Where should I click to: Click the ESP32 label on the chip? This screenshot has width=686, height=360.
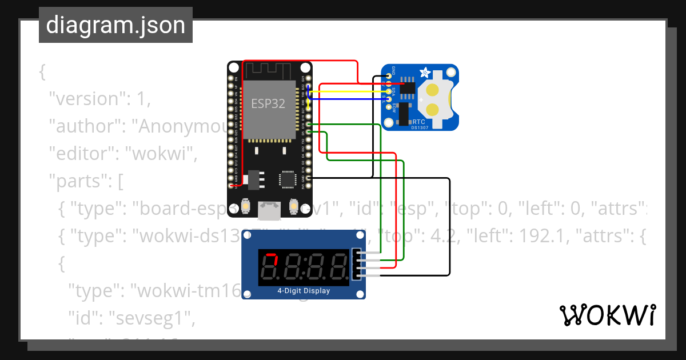pos(268,104)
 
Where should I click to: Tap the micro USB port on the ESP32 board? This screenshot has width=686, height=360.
pos(269,211)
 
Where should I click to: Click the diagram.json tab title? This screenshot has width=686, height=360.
pos(115,25)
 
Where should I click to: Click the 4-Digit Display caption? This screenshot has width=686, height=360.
pos(304,291)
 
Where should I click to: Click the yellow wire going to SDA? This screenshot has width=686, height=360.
pos(349,91)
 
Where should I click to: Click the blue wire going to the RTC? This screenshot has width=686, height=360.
pos(349,99)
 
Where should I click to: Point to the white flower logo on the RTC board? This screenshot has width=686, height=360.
pos(425,73)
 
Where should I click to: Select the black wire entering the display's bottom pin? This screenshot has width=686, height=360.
pos(412,276)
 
